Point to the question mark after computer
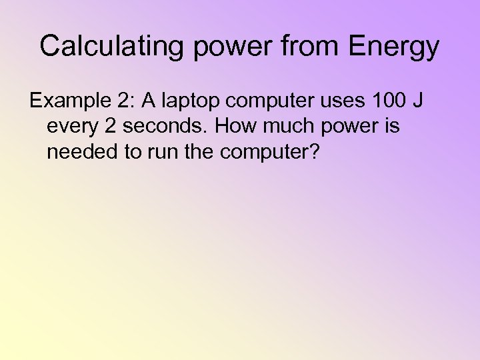coord(315,152)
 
